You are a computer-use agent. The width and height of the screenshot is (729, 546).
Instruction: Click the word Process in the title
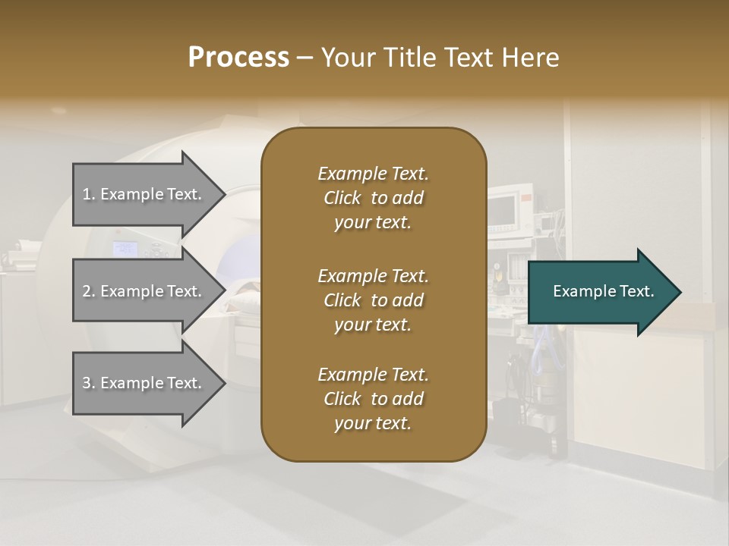[x=238, y=58]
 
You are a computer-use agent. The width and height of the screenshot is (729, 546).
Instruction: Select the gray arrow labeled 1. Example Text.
[x=144, y=194]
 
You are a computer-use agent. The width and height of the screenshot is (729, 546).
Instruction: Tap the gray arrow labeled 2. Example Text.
[x=144, y=291]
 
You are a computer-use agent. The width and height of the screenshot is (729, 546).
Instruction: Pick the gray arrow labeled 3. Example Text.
[x=144, y=383]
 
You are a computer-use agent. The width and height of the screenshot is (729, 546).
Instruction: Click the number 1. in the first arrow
[x=89, y=194]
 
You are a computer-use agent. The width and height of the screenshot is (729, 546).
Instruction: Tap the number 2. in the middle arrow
[x=89, y=291]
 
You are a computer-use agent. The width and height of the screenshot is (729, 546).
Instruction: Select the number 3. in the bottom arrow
[x=89, y=383]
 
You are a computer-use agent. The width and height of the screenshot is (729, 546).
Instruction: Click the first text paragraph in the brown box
[x=373, y=198]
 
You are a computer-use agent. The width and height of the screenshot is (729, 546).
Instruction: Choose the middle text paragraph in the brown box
[x=373, y=300]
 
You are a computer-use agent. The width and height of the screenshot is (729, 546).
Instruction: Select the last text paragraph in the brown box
[x=373, y=399]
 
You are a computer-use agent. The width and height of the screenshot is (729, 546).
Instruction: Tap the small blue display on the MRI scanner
[x=125, y=248]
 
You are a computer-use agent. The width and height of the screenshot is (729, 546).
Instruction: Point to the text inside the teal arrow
[x=603, y=291]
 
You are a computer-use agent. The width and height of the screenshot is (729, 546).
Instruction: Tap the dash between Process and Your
[x=305, y=58]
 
